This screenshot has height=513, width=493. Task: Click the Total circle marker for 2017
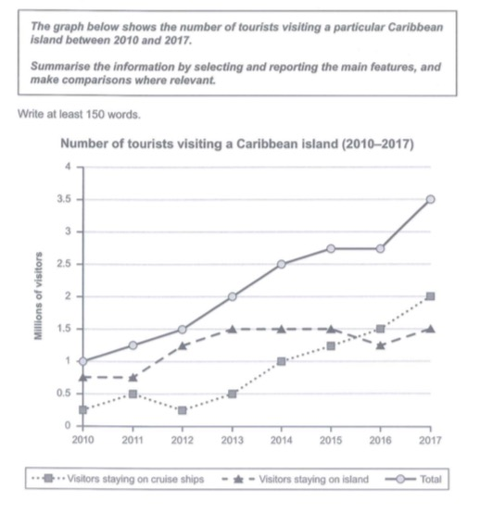coord(431,199)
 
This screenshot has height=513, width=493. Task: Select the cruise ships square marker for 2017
coord(431,296)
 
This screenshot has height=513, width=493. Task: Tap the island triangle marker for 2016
coord(380,345)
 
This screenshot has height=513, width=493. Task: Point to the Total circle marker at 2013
coord(232,296)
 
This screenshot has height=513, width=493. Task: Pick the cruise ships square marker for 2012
coord(183,410)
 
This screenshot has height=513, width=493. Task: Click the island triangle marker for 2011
coord(133,378)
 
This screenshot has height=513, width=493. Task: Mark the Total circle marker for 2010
coord(83,361)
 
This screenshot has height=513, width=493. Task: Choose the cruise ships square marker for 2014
coord(281,361)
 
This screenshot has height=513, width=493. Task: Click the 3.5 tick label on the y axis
coord(64,199)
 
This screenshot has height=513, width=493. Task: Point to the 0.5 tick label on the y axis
coord(64,393)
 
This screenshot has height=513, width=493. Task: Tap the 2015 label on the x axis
coord(331,441)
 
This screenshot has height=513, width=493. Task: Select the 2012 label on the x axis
coord(182,441)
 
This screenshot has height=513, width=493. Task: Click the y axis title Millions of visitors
coord(38,295)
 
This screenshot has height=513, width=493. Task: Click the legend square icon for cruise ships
coord(48,479)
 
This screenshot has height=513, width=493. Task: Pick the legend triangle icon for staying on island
coord(238,480)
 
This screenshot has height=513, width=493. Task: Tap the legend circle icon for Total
coord(400,479)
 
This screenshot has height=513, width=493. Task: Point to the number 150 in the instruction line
coord(95,115)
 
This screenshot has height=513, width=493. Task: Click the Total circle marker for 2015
coord(331,249)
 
